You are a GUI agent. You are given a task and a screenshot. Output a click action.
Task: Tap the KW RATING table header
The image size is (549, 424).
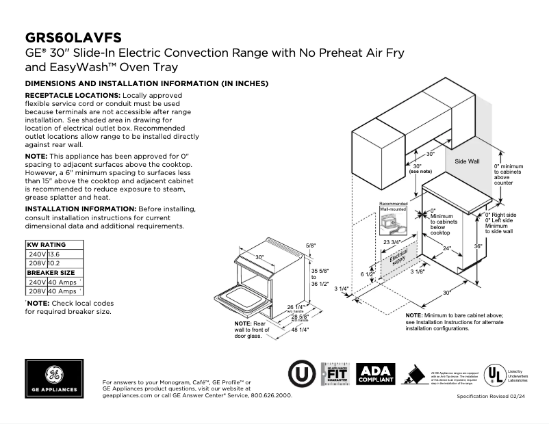tap(46, 243)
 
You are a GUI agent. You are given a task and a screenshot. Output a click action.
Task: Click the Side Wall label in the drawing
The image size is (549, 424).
tap(468, 162)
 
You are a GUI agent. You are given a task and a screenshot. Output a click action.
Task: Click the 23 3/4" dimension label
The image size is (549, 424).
tap(392, 243)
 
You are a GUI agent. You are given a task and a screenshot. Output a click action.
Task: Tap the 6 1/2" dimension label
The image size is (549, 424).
tap(366, 274)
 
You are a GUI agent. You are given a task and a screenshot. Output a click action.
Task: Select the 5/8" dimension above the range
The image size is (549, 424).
tap(311, 245)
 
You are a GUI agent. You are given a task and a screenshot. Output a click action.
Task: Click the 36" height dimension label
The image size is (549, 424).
tap(478, 246)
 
